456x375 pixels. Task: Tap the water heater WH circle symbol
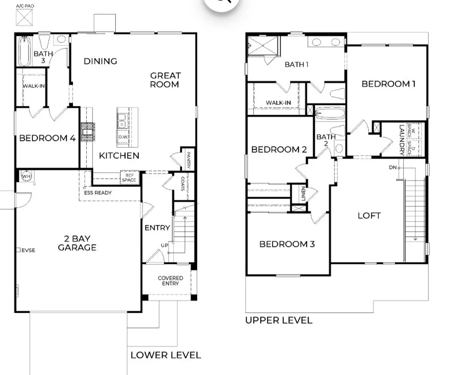(26, 176)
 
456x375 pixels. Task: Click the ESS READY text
(98, 193)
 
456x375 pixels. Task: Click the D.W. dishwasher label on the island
(123, 137)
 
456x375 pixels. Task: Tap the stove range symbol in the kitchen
(87, 132)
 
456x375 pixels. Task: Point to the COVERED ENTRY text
(171, 281)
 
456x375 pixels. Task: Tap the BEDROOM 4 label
(47, 138)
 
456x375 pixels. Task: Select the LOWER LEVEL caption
(166, 355)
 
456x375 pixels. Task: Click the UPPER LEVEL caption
(279, 320)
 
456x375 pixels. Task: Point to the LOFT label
(369, 216)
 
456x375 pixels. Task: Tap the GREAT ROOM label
(165, 80)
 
